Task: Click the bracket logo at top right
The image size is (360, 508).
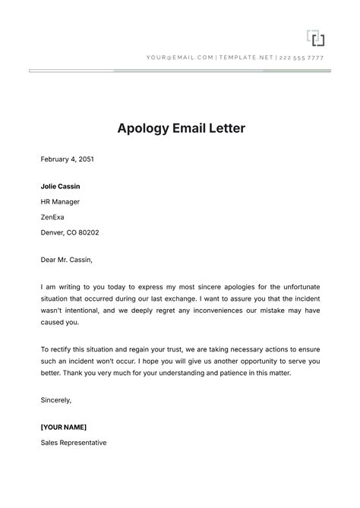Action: pos(315,37)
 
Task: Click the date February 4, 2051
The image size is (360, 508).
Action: pos(67,159)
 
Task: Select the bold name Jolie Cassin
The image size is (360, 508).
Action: pos(60,186)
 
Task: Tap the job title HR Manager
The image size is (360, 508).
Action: pos(60,202)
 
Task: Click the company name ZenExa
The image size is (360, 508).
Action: pos(55,217)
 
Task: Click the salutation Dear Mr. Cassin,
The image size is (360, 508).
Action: pos(66,260)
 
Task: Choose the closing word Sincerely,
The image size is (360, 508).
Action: pos(58,400)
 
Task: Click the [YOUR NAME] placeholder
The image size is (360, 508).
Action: pos(64,427)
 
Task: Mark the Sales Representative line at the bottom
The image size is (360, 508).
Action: pos(74,443)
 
